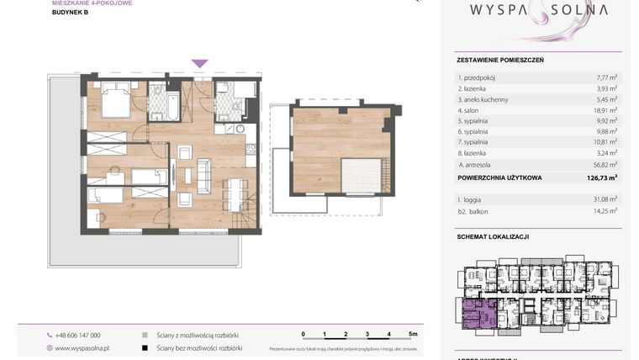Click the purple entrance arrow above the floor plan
tap(199, 64)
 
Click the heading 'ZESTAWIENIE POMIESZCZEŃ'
tap(499, 61)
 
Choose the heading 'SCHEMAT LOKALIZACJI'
tap(493, 237)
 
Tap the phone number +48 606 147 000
tap(78, 335)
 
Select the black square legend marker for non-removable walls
tap(145, 347)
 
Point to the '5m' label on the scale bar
tap(413, 334)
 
